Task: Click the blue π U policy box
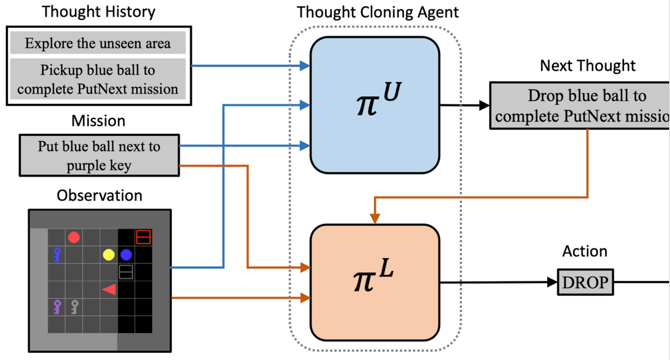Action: [x=375, y=105]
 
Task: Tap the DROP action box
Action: [x=586, y=282]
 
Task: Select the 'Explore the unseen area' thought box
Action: [x=98, y=43]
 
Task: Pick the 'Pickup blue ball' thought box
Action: [x=98, y=79]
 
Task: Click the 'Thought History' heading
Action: [x=98, y=12]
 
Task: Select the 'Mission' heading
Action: [x=98, y=121]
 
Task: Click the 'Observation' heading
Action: [x=99, y=195]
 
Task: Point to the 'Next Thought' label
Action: [x=588, y=65]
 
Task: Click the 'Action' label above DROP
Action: [x=585, y=251]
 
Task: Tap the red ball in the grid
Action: [x=74, y=238]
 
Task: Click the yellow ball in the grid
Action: [x=109, y=255]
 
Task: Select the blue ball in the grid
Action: [x=126, y=255]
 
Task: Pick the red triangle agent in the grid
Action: [x=110, y=289]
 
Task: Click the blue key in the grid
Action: [x=57, y=254]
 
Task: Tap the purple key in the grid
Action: [x=57, y=306]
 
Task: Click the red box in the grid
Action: [x=144, y=237]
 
